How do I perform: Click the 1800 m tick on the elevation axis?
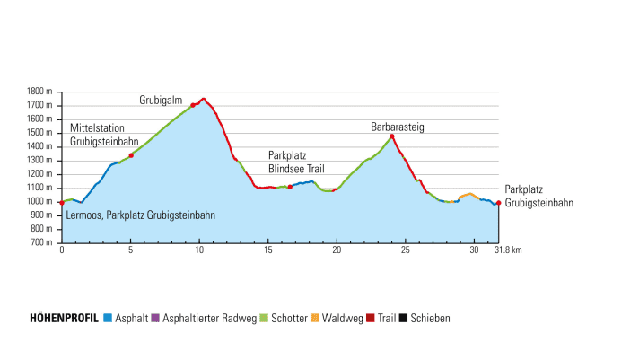[x=40, y=92]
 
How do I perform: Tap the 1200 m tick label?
[x=40, y=174]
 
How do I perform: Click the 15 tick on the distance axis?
[x=267, y=250]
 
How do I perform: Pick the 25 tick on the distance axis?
[x=406, y=250]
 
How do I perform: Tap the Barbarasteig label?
[x=397, y=127]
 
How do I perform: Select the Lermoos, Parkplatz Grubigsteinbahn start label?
[x=141, y=215]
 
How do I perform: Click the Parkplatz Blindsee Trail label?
[x=294, y=162]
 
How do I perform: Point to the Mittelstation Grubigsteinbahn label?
[x=104, y=135]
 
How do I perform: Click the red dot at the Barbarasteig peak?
[x=392, y=136]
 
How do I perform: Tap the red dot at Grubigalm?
[x=193, y=105]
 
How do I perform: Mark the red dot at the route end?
[x=498, y=203]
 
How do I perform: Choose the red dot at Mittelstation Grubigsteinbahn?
[x=131, y=155]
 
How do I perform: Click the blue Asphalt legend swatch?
[x=108, y=318]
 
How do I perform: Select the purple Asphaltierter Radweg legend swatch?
[x=155, y=318]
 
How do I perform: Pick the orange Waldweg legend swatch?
[x=315, y=318]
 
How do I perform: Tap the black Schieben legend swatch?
[x=404, y=318]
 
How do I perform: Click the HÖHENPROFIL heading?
[x=64, y=318]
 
